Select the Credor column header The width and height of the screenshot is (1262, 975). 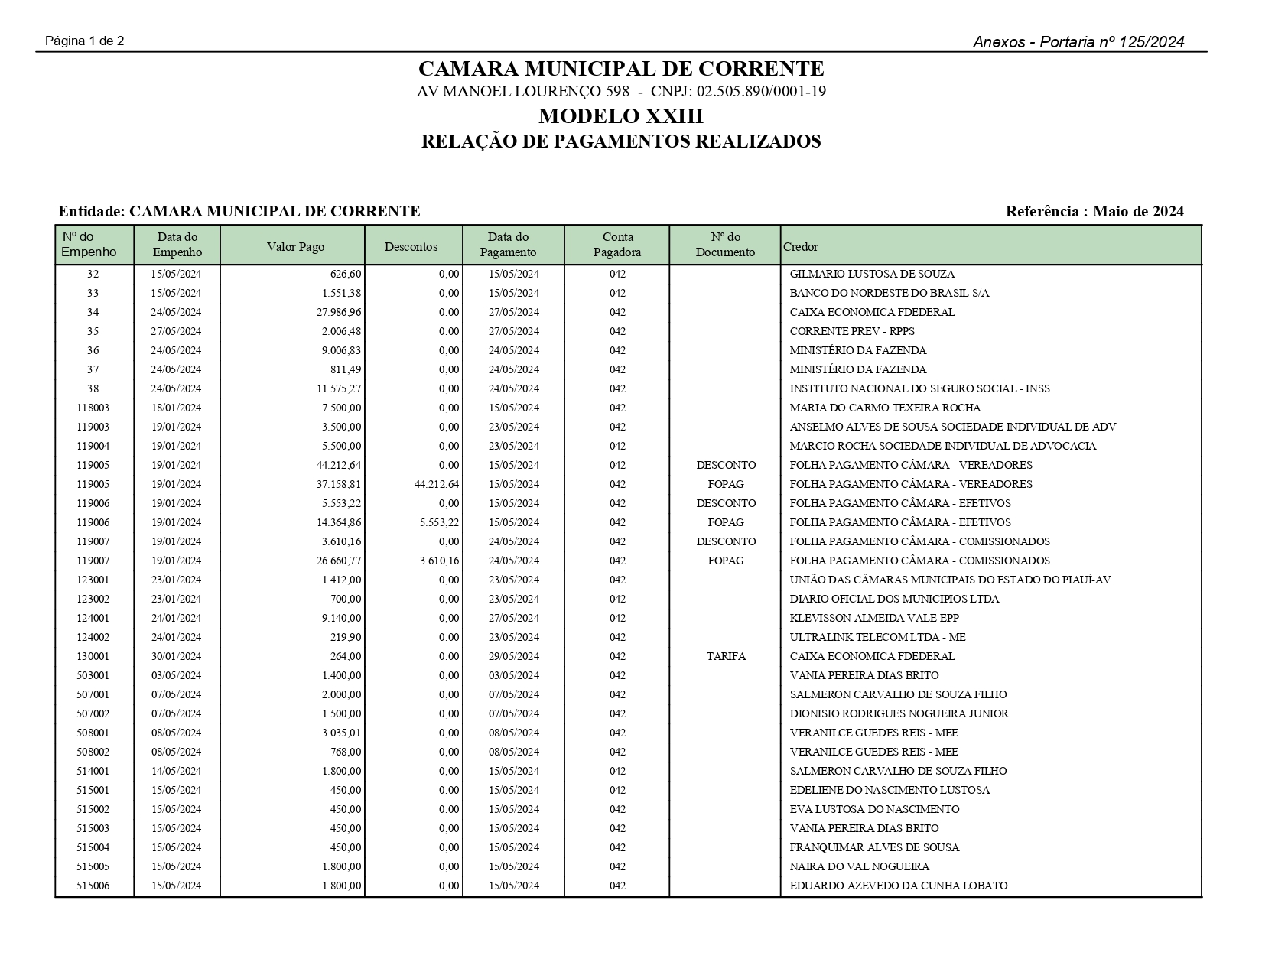[x=801, y=246]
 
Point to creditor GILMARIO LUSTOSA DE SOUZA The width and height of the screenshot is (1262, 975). [x=872, y=274]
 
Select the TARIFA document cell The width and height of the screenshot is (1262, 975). [x=726, y=656]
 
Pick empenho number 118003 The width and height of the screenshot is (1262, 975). [x=93, y=408]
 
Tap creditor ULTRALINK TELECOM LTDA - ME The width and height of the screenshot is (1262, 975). [x=877, y=637]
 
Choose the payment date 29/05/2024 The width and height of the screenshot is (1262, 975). [x=514, y=656]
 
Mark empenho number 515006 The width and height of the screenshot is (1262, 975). [x=93, y=886]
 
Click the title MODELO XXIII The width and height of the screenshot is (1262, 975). [x=621, y=116]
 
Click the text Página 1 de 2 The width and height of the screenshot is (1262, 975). [x=85, y=41]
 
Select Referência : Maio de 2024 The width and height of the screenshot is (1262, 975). [x=1094, y=211]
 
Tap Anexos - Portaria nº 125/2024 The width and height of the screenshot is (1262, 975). [x=1078, y=42]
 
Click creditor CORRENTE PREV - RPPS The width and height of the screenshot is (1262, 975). [x=852, y=331]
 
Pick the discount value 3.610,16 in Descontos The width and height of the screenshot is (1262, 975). [x=440, y=561]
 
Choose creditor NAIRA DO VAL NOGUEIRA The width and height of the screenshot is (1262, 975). [x=860, y=866]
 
